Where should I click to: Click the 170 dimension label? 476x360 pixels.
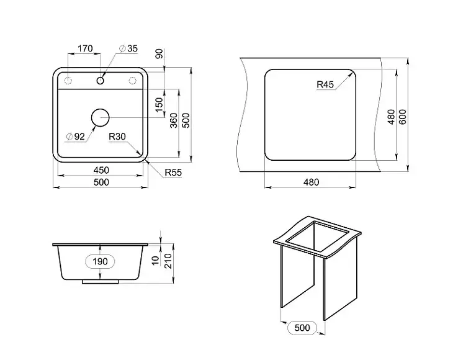(x=85, y=48)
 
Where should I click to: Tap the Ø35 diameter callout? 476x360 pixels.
(x=128, y=48)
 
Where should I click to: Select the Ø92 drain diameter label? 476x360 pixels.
(x=76, y=137)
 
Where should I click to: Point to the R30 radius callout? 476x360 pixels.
(x=117, y=137)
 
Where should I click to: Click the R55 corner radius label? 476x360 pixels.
(x=173, y=173)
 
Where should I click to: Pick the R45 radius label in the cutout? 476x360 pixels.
(x=325, y=84)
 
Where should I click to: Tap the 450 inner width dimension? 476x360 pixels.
(x=101, y=170)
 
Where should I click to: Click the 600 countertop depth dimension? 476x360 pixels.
(x=403, y=117)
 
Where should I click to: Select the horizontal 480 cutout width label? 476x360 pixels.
(x=311, y=182)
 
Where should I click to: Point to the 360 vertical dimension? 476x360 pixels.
(x=174, y=120)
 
